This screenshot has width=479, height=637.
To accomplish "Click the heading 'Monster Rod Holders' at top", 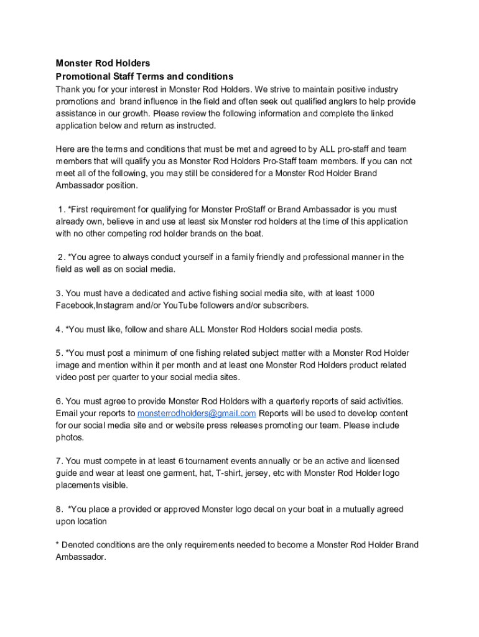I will coord(103,63).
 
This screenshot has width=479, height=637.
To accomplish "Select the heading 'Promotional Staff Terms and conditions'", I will coord(144,77).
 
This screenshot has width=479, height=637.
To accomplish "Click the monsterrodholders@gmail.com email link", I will coord(197,414).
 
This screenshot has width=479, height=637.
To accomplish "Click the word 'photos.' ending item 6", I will coord(70,437).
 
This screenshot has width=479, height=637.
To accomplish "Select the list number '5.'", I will coord(59,353).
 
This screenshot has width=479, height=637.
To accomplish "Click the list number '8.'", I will coord(59,509).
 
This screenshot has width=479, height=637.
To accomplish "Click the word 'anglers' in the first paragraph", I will coord(331,101).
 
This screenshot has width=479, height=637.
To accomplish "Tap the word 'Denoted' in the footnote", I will coord(78,545).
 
